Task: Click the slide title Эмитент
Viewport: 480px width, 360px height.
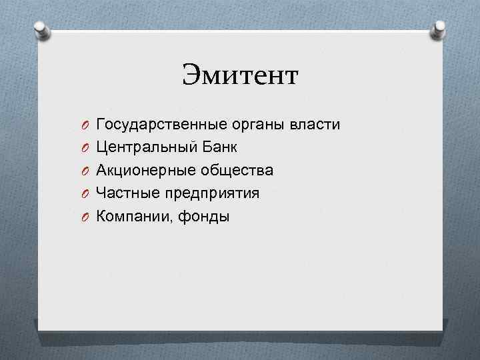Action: [241, 75]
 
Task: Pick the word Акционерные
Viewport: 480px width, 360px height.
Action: [145, 171]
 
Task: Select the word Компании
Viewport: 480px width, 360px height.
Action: [131, 216]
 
